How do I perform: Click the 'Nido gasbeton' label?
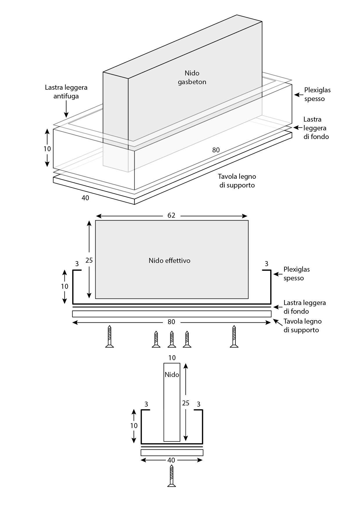192,77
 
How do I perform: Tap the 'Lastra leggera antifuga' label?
66,92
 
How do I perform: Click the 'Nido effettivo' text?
170,261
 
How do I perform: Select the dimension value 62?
171,215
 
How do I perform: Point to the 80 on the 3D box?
216,150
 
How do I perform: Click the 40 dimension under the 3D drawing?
85,198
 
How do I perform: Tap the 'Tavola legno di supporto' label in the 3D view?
237,181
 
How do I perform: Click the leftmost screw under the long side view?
109,337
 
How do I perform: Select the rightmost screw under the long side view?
234,337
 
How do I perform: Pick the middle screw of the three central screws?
172,339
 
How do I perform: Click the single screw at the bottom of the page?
172,476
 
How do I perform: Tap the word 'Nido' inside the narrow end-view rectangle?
172,375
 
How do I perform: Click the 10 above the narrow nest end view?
172,358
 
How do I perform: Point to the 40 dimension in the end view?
171,460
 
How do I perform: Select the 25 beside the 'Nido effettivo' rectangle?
89,260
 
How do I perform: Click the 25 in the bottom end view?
186,403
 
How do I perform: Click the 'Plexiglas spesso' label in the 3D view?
317,94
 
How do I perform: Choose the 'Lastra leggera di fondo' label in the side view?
305,307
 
